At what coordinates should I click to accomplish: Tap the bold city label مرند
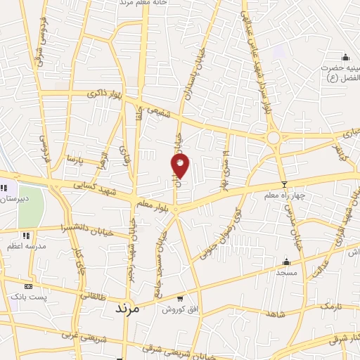(x=132, y=308)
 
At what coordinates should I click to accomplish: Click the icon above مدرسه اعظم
(x=26, y=236)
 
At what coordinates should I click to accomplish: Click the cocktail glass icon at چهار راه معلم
(x=284, y=185)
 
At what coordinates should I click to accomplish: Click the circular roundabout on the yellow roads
(x=274, y=138)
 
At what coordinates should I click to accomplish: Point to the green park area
(x=30, y=206)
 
